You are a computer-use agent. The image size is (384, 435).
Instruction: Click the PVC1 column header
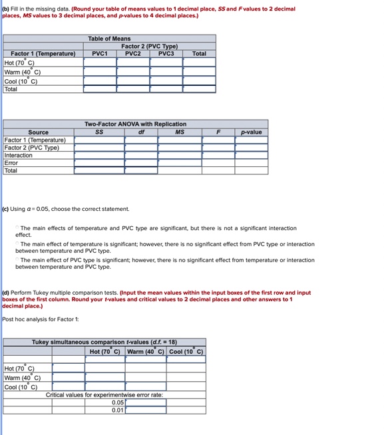pos(99,53)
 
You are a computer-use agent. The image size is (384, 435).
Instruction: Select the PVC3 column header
pos(166,53)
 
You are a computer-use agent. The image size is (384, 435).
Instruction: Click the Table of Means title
pos(109,39)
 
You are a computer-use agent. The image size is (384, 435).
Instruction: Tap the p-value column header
pos(251,132)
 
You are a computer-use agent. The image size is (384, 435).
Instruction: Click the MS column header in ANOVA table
pos(180,132)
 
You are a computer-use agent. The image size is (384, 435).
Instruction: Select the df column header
pos(140,132)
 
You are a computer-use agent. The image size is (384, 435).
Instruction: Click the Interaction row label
pos(19,156)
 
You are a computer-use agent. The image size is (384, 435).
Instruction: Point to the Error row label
pos(11,163)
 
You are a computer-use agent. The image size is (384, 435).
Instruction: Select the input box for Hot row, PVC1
pos(99,62)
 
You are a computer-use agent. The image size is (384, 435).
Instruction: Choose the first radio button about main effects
pos(17,228)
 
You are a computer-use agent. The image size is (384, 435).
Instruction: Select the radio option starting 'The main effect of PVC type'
pos(17,260)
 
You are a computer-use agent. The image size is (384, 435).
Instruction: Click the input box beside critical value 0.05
pos(146,402)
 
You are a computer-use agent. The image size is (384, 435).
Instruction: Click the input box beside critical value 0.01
pos(146,410)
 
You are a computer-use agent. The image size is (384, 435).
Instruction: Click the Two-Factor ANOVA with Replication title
pos(135,124)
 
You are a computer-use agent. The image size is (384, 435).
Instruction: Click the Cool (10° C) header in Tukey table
pos(186,351)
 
